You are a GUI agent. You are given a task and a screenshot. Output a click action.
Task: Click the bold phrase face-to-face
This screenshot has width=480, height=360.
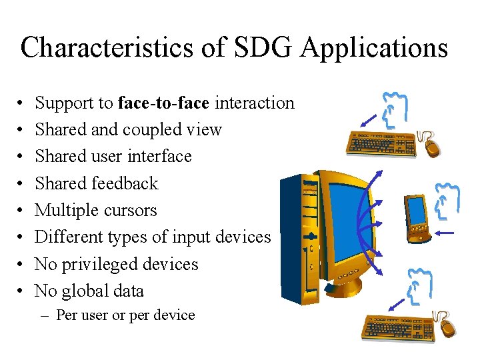tap(163, 103)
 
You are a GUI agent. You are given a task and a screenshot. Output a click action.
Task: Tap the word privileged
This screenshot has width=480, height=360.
tap(101, 264)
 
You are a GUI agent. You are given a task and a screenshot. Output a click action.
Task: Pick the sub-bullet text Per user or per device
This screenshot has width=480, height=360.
tap(125, 315)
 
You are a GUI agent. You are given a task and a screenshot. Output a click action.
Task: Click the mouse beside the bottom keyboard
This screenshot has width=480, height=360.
tap(449, 326)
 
